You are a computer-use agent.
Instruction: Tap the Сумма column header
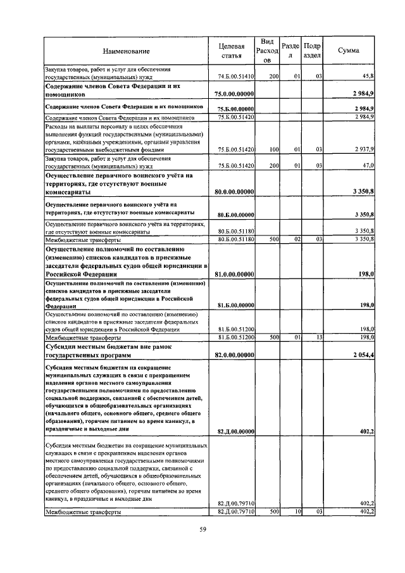[x=349, y=51]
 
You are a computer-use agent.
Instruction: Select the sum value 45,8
[x=368, y=76]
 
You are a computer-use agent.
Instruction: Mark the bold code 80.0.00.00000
[x=234, y=191]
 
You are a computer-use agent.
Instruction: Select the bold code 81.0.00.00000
[x=234, y=274]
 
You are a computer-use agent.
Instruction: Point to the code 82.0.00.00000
[x=234, y=356]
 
